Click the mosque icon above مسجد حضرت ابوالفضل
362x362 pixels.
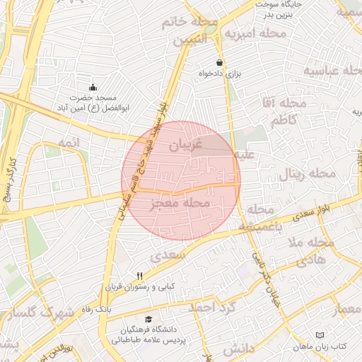(x=93, y=87)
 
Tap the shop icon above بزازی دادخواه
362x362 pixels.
(x=221, y=62)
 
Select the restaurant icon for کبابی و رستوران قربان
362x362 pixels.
(x=139, y=276)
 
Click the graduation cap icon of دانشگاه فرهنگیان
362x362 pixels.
(x=148, y=320)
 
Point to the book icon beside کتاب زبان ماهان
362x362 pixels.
(x=320, y=334)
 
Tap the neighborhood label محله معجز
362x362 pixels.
(x=180, y=204)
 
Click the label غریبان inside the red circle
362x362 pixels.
(x=184, y=144)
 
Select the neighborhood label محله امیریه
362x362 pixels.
(x=256, y=33)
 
